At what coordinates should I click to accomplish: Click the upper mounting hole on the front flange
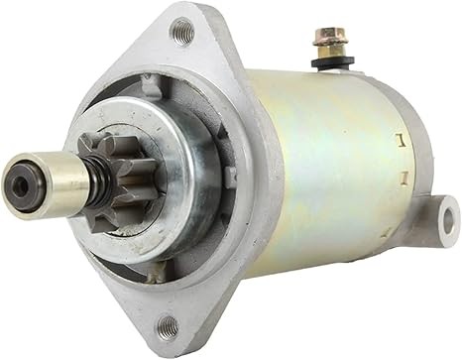(181, 33)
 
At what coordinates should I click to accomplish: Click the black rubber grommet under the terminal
(326, 63)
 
